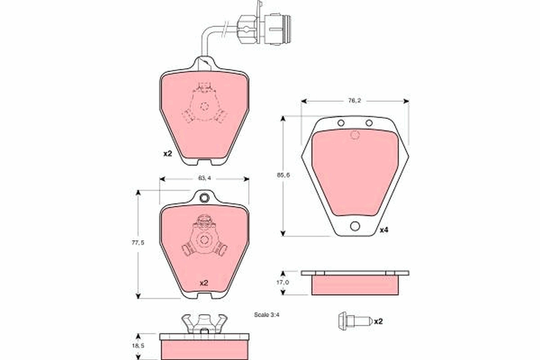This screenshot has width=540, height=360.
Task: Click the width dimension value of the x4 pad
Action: click(355, 101)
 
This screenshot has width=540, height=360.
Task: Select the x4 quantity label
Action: click(383, 230)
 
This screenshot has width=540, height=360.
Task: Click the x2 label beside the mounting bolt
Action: click(378, 321)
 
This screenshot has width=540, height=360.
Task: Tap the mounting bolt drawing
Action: click(354, 321)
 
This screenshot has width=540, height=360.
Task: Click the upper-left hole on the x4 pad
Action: click(341, 123)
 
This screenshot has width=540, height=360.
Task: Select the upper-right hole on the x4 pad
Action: click(369, 123)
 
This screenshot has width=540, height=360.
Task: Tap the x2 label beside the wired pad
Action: click(167, 153)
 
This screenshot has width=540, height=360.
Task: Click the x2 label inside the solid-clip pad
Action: click(203, 283)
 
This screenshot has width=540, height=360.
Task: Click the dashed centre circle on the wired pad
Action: click(204, 107)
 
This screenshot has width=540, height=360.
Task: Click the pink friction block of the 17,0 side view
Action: click(355, 285)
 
